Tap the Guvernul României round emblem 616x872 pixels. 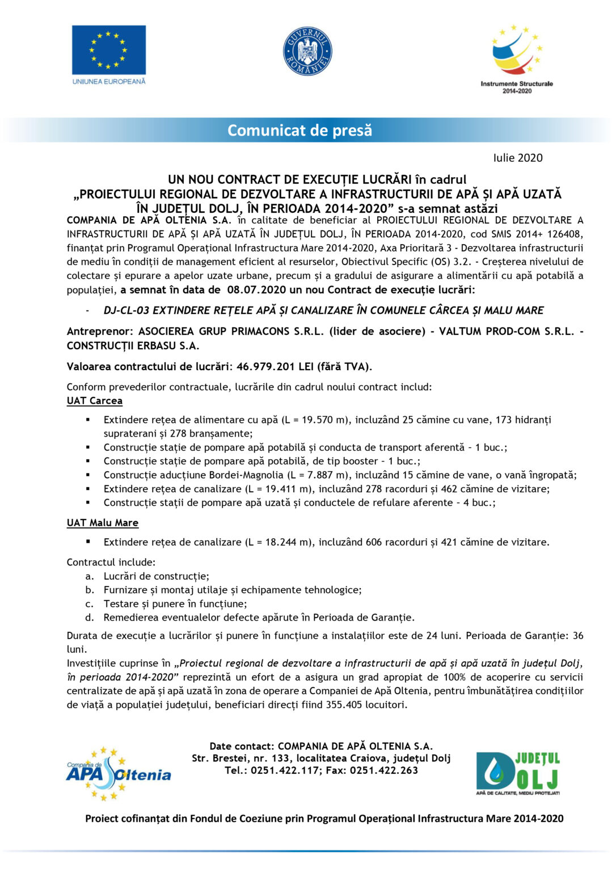pyautogui.click(x=307, y=52)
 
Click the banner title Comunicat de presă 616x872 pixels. pyautogui.click(x=299, y=131)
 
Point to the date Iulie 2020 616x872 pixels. pyautogui.click(x=517, y=158)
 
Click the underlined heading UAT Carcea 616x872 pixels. pyautogui.click(x=94, y=401)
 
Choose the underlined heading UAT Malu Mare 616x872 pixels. pyautogui.click(x=102, y=523)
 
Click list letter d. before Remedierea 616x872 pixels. pyautogui.click(x=90, y=618)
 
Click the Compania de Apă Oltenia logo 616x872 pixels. pyautogui.click(x=118, y=774)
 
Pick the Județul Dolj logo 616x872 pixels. pyautogui.click(x=518, y=773)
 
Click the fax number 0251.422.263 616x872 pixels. pyautogui.click(x=384, y=770)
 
